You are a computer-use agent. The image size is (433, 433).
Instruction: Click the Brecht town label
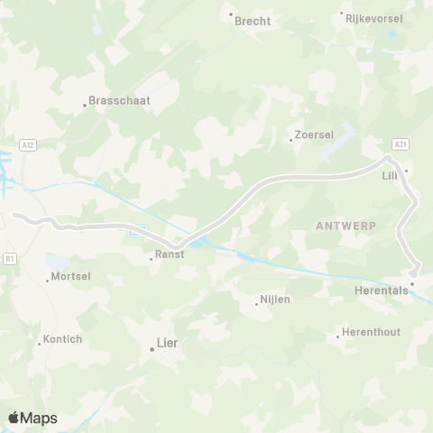pos(253,21)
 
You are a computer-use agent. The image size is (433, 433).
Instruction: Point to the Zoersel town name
pos(315,135)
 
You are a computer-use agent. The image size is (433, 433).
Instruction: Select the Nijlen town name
pos(275,299)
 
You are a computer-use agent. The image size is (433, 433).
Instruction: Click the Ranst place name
pos(169,254)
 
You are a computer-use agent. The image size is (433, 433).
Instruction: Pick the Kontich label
pos(62,339)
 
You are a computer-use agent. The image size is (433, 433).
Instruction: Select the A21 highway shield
pos(401,143)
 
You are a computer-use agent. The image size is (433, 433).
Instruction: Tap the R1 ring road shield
pos(10,258)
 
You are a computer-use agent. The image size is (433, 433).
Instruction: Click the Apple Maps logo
pos(32,418)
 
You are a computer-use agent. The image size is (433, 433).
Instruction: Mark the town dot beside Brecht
pos(231,14)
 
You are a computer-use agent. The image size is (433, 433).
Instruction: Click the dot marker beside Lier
pos(151,348)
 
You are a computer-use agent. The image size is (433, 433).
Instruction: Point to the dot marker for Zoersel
pos(290,140)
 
